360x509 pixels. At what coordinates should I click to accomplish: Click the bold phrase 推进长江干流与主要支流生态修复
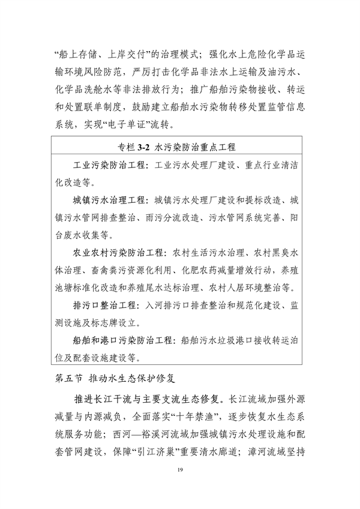(149, 398)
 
